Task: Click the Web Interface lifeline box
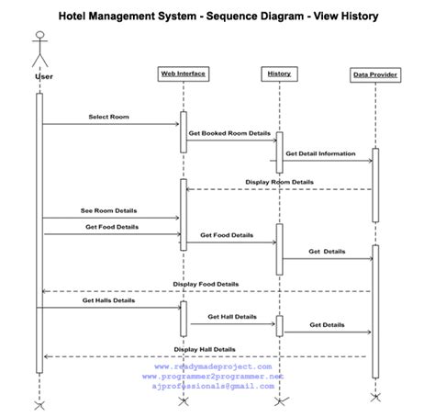coord(183,73)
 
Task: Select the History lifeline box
coord(278,73)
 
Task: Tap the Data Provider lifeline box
coord(374,74)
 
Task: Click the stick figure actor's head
coord(39,38)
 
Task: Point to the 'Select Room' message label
coord(108,117)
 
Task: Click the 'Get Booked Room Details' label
coord(229,133)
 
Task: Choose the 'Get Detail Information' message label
coord(320,153)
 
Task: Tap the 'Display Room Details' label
coord(279,182)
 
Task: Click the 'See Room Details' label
coord(108,210)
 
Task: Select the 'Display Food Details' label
coord(206,284)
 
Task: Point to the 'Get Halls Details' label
coord(108,300)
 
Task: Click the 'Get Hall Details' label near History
coord(232,317)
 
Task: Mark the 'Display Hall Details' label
coord(205,349)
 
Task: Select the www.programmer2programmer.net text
coord(213,377)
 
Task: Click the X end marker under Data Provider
coord(374,397)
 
